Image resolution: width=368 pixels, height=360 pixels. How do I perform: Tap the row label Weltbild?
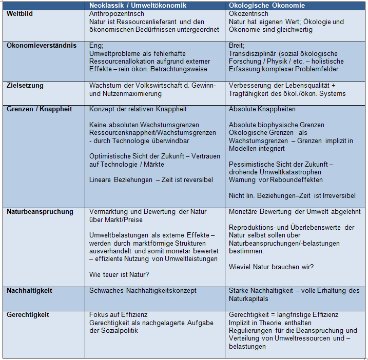tap(20, 13)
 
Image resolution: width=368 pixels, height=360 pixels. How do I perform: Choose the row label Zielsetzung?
tap(25, 86)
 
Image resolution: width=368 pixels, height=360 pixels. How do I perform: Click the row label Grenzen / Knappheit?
tap(39, 109)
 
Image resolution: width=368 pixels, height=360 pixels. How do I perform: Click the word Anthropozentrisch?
tap(117, 13)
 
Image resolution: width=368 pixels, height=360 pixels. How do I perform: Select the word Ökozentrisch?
tap(249, 13)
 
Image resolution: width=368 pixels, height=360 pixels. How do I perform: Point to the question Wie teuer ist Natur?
tap(119, 275)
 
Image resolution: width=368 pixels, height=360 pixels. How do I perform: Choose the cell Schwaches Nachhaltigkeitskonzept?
tap(143, 291)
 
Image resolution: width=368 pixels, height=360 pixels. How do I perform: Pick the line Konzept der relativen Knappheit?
tap(138, 109)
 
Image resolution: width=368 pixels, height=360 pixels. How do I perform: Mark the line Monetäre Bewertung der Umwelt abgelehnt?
tap(295, 211)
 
